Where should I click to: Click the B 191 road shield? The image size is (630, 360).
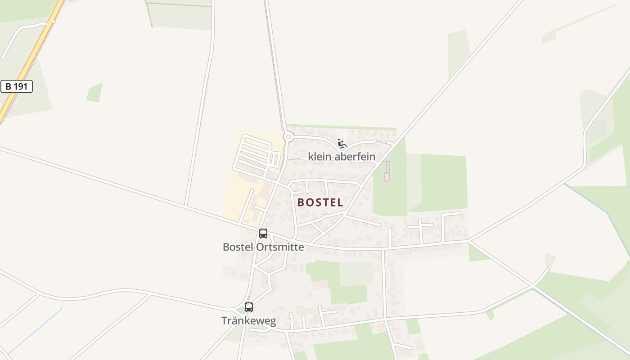point(17,86)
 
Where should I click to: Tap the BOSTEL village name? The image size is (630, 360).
point(320,202)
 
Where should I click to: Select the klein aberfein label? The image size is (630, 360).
point(342,157)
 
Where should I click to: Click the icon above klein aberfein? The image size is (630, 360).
point(342,144)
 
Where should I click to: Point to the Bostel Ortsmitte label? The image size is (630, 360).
point(263,247)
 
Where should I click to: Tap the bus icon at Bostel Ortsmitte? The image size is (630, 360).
point(263,234)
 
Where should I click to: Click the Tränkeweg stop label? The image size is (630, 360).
point(248,320)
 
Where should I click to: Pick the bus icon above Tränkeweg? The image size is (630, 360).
point(249,307)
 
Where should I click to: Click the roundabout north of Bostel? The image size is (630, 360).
point(288,136)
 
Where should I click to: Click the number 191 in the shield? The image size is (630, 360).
point(21,86)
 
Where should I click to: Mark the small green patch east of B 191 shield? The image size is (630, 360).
point(95,93)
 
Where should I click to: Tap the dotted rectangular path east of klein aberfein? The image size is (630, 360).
point(387,171)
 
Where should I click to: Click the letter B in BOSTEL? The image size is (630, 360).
point(301,202)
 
